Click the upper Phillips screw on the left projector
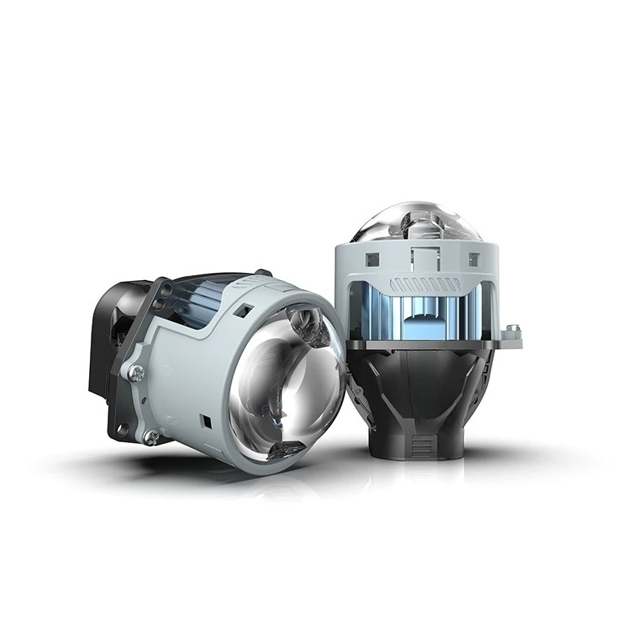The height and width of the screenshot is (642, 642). coord(137,372)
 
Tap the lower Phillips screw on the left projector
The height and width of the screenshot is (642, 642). coord(151,436)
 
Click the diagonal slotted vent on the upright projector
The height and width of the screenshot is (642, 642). coord(425,284)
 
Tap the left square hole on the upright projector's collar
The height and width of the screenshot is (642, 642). coord(372,258)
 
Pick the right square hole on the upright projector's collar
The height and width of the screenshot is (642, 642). coord(473,258)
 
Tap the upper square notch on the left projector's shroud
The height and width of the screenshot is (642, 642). coord(246,308)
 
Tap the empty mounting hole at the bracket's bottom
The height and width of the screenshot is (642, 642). coord(121,429)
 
